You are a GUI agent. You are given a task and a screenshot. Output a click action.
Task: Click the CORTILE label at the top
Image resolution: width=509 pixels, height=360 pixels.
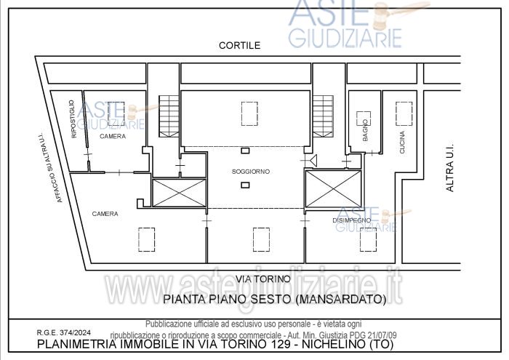(x=239, y=45)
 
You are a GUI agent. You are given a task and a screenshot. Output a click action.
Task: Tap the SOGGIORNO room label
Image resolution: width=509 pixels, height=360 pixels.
(x=251, y=171)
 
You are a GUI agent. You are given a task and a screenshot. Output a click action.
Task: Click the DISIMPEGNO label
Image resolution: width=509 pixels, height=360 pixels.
(x=352, y=220)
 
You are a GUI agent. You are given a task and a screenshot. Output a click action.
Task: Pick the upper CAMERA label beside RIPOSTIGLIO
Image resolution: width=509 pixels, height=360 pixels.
(x=113, y=137)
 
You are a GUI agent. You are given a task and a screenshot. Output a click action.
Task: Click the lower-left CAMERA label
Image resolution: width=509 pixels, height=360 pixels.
(x=105, y=213)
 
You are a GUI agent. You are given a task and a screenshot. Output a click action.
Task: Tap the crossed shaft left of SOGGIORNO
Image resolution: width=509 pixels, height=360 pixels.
(x=178, y=192)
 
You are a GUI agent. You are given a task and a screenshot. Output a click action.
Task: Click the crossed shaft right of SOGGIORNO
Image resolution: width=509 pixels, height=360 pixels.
(x=333, y=188)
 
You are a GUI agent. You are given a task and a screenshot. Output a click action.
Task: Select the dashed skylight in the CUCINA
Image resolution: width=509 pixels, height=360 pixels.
(x=403, y=113)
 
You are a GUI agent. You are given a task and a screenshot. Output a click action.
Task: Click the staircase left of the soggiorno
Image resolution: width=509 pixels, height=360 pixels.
(x=168, y=116)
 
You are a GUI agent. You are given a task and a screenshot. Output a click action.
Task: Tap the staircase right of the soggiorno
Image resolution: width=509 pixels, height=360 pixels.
(x=323, y=116)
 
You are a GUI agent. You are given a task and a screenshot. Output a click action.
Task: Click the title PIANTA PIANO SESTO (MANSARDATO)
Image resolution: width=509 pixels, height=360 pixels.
(x=273, y=298)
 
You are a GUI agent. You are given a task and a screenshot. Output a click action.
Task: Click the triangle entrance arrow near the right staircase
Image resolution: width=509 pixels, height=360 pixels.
(x=313, y=160)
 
